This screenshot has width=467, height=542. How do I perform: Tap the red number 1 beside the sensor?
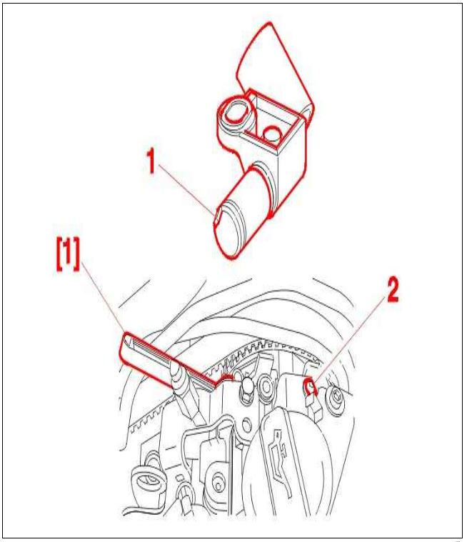pyautogui.click(x=151, y=161)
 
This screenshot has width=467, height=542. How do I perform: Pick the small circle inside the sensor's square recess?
pyautogui.click(x=271, y=134)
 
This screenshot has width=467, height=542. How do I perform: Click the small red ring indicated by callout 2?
pyautogui.click(x=309, y=386)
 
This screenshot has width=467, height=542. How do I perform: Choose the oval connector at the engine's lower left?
pyautogui.click(x=147, y=481)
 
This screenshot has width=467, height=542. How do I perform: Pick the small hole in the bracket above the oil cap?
pyautogui.click(x=246, y=423)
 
